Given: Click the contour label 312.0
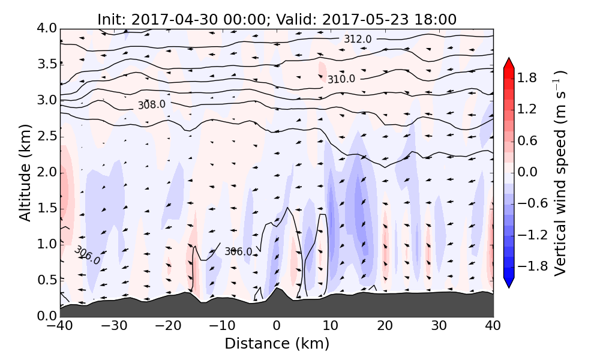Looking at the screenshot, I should coord(358,39).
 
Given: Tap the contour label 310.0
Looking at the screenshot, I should coord(341,79).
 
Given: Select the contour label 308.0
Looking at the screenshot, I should coord(151,104).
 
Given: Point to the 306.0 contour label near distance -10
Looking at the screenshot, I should coord(238,251).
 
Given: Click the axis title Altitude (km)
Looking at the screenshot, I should coord(25,172).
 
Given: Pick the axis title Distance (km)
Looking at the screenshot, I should coord(277,344).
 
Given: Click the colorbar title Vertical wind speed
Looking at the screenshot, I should coord(560,172).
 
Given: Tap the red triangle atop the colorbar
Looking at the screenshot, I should coord(509,62).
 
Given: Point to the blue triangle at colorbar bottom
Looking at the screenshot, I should coord(509,283).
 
